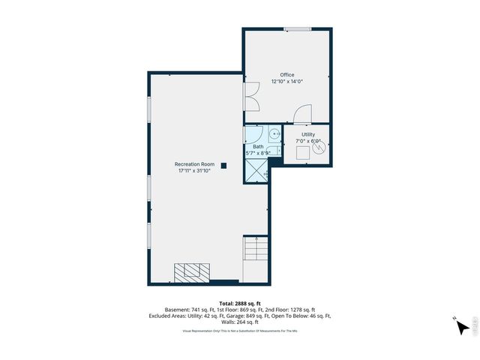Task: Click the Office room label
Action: pyautogui.click(x=287, y=75)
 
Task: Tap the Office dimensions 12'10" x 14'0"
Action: pyautogui.click(x=287, y=82)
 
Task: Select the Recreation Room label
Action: pyautogui.click(x=194, y=164)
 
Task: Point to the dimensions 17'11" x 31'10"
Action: pyautogui.click(x=194, y=171)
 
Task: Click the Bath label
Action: pyautogui.click(x=258, y=146)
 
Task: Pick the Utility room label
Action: pyautogui.click(x=308, y=134)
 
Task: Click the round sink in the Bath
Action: pyautogui.click(x=275, y=134)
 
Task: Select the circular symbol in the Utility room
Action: pyautogui.click(x=320, y=148)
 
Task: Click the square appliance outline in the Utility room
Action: pyautogui.click(x=304, y=153)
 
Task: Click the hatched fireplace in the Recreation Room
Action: pyautogui.click(x=192, y=271)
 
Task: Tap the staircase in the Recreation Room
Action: pyautogui.click(x=255, y=248)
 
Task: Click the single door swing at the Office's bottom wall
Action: pyautogui.click(x=301, y=115)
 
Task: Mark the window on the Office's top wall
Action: pyautogui.click(x=297, y=29)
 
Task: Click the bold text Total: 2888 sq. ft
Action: pyautogui.click(x=239, y=303)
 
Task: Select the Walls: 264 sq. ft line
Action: pyautogui.click(x=239, y=322)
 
